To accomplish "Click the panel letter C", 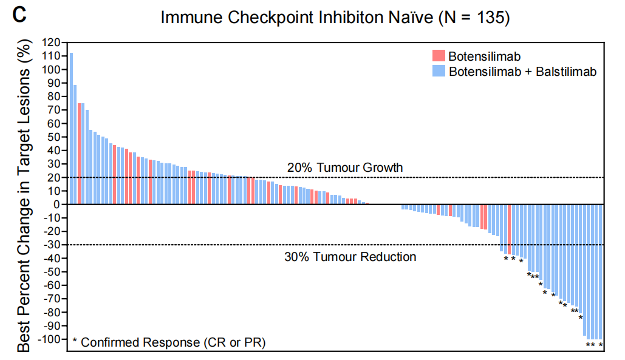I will point(19,15).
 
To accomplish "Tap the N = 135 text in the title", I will point(474,18).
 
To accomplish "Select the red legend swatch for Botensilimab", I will point(439,56).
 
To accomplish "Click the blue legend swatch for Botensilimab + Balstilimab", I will point(439,71).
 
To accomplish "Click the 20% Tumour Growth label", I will point(346,168).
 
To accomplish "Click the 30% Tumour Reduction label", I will point(350,257).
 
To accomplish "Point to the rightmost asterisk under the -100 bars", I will point(601,345).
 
